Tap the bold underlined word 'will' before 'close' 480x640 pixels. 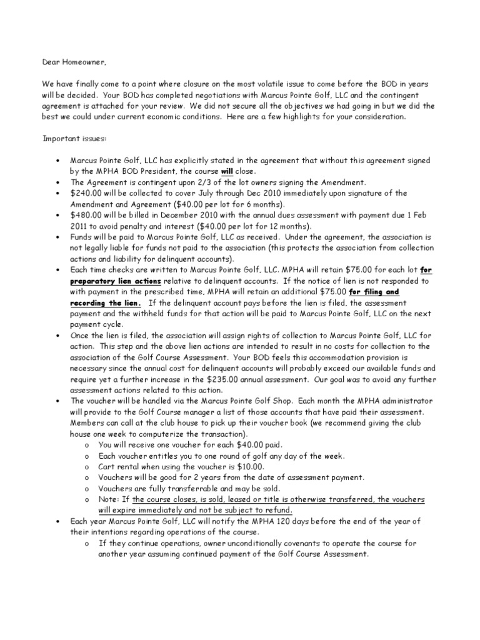click(227, 171)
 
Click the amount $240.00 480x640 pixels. click(86, 193)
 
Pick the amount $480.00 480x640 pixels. click(86, 215)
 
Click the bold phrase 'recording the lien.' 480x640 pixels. click(106, 302)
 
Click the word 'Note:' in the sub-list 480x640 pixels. click(109, 499)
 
